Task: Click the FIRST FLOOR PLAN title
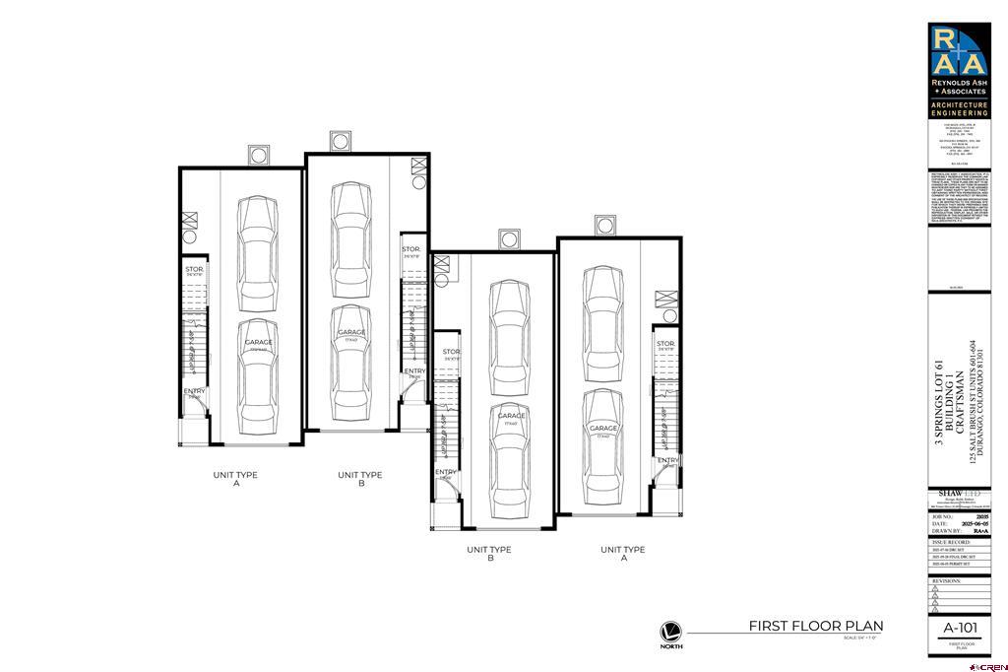[x=815, y=626]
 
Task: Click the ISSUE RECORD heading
[x=950, y=542]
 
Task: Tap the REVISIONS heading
[x=946, y=581]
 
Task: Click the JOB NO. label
[x=942, y=514]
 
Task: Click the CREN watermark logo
[x=988, y=665]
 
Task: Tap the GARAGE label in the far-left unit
[x=259, y=342]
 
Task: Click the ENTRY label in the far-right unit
[x=668, y=460]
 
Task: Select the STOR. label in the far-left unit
[x=194, y=269]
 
